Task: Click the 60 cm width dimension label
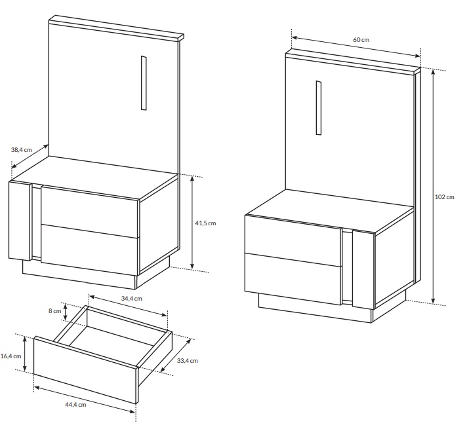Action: pos(361,39)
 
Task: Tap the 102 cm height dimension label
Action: pos(445,197)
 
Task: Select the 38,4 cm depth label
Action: pos(22,149)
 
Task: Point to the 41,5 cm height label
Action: pos(205,223)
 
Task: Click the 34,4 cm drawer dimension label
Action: pos(132,299)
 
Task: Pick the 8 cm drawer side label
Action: pos(55,311)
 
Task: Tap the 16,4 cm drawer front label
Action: pos(11,356)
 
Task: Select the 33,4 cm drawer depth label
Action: pos(188,361)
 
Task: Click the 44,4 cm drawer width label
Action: pos(75,405)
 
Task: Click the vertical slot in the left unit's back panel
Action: pos(144,83)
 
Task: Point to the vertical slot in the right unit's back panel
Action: pos(319,107)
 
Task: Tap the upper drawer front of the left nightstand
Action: pos(90,212)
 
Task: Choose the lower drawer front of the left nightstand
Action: pos(90,250)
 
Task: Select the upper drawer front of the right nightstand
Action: pos(293,240)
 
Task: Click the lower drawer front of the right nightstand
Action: pos(293,279)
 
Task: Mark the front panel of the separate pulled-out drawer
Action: pos(86,370)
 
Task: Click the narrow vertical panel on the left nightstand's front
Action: pos(20,221)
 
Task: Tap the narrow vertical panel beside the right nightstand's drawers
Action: pos(363,269)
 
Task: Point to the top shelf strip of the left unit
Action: pos(117,28)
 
